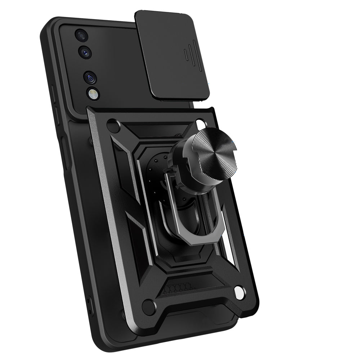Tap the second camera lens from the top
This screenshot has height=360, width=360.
(x=85, y=52)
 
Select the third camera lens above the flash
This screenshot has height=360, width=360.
(x=90, y=77)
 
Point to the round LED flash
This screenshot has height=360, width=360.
(x=92, y=94)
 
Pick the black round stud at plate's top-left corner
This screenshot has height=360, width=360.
(x=113, y=126)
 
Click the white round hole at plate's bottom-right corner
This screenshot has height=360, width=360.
(x=238, y=291)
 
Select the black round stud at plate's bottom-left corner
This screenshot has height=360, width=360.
(x=149, y=307)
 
